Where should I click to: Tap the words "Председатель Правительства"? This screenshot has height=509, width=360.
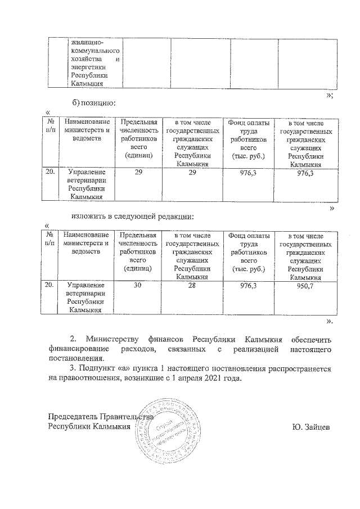tap(100, 417)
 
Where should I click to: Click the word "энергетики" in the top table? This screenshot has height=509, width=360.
tap(84, 67)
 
